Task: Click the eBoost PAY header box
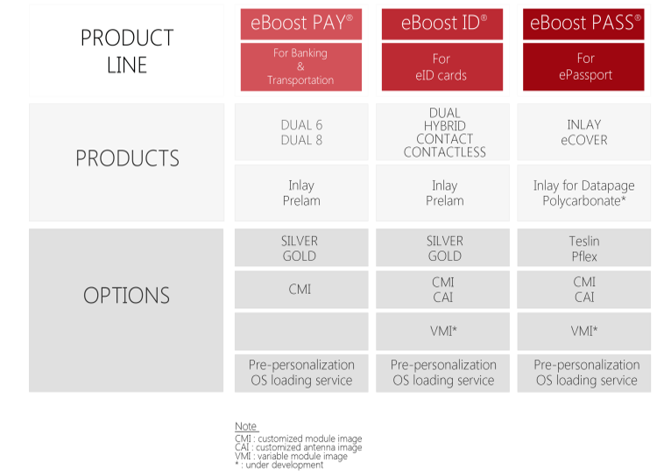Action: point(300,24)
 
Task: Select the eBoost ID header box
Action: point(442,24)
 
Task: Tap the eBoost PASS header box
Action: point(583,24)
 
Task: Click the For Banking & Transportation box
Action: point(300,66)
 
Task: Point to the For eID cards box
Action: point(442,66)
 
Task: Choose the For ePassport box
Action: point(583,66)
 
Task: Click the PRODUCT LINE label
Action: point(127,51)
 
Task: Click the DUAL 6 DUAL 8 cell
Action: point(301,132)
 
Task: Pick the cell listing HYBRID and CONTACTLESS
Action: point(443,132)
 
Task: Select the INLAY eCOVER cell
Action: point(583,132)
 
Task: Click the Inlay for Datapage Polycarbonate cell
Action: point(583,193)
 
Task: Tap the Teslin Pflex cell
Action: point(583,248)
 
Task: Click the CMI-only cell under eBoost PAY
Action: point(301,290)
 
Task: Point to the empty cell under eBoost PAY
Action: point(301,331)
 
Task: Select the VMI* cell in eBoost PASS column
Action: point(583,331)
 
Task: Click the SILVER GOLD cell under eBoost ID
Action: point(443,248)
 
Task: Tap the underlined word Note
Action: point(246,426)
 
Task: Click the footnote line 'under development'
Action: point(279,465)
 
